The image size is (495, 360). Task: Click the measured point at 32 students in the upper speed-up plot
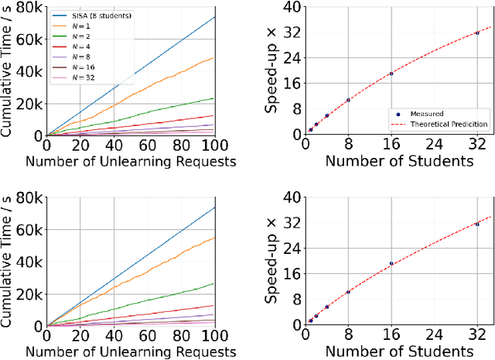tap(478, 33)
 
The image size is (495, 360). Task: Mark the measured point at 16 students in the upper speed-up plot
tap(391, 74)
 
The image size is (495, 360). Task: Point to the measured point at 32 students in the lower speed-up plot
tap(478, 224)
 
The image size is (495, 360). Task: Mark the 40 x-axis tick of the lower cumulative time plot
tap(114, 334)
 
